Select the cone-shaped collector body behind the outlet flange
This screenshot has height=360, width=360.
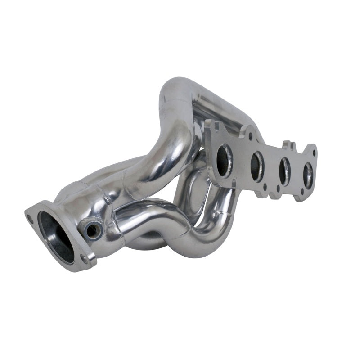81,207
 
